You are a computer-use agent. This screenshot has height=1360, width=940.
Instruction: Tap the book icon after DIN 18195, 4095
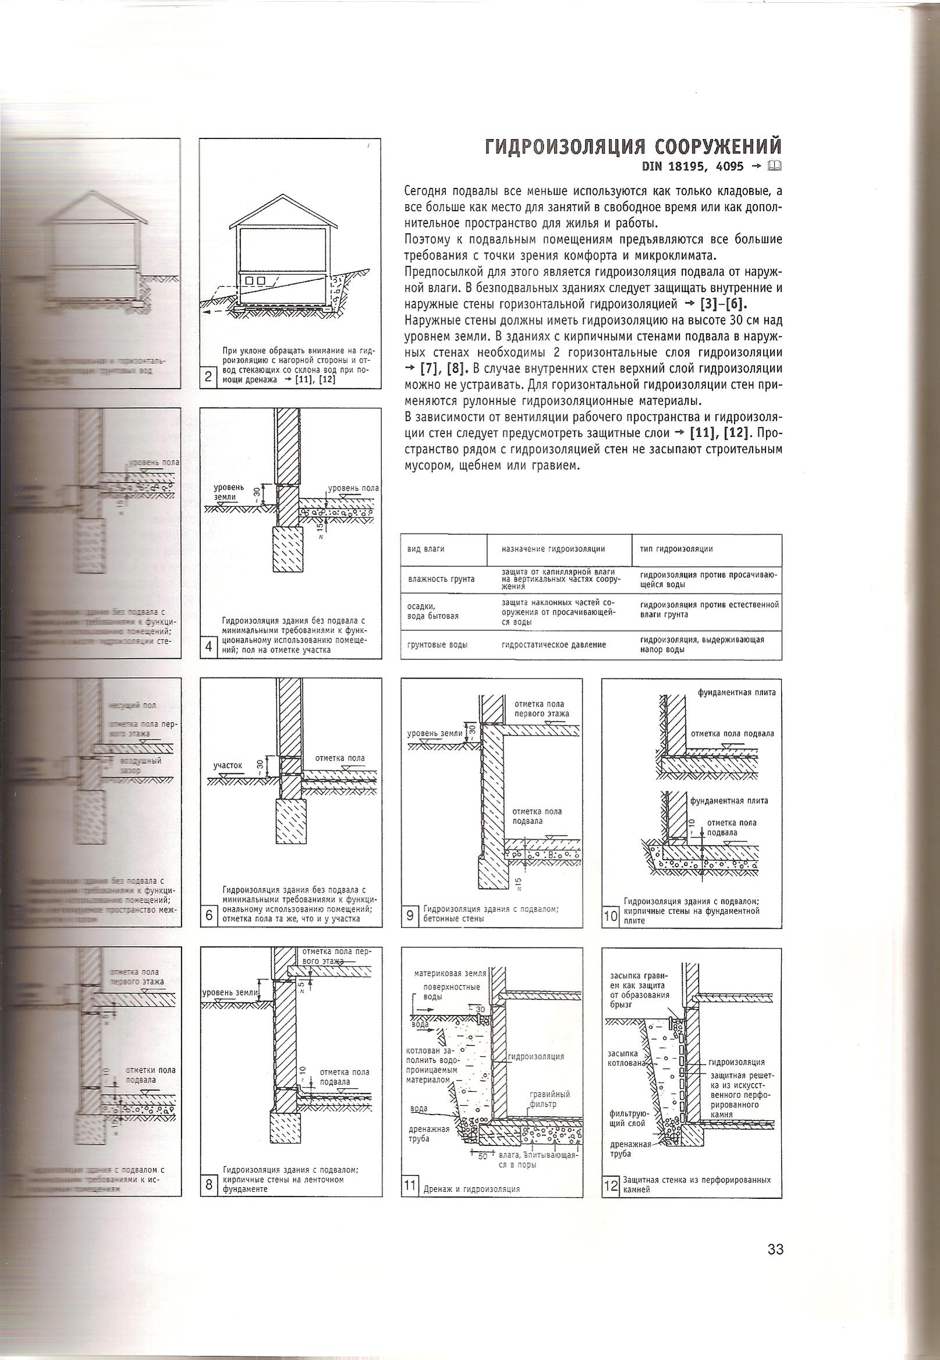click(775, 166)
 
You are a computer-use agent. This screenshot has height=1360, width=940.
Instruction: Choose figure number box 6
click(208, 916)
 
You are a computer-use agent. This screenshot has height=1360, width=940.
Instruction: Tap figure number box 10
click(610, 916)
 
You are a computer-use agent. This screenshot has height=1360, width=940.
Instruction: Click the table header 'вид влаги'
click(426, 549)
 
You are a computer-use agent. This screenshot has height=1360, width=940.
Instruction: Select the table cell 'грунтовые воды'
click(438, 645)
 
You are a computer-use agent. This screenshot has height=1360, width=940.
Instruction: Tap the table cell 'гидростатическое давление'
click(554, 645)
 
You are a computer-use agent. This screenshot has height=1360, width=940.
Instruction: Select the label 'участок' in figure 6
click(228, 765)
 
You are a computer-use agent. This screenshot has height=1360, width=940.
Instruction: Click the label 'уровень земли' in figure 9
click(435, 734)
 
